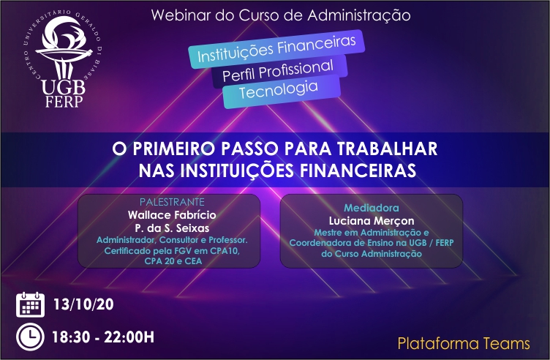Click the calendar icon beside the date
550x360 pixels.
pos(30,304)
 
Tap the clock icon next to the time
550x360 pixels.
pos(30,337)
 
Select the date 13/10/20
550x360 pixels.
pos(83,304)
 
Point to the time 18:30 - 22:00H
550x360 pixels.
pos(103,337)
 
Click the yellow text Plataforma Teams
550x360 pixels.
pos(464,343)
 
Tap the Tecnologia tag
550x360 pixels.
pos(282,92)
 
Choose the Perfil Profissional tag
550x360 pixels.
pos(279,71)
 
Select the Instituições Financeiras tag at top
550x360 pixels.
pos(276,49)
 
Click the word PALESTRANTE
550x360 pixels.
pos(172,202)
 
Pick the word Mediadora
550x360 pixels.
pos(371,208)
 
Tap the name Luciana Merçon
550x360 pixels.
pos(372,221)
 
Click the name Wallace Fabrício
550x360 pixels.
pos(172,214)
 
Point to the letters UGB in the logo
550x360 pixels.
pos(64,87)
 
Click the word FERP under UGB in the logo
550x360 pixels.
pos(64,101)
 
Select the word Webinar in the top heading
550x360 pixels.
pos(181,15)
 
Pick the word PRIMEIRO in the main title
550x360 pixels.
pos(173,149)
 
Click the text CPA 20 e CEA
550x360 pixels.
pos(173,261)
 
